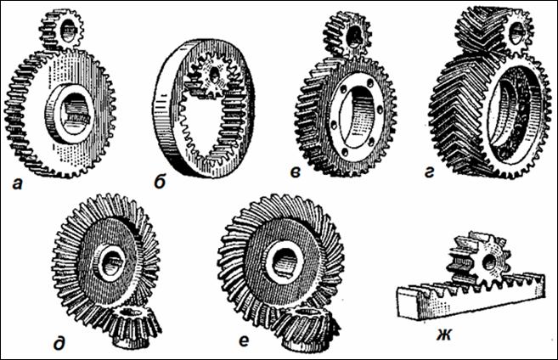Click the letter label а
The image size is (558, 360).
pyautogui.click(x=17, y=184)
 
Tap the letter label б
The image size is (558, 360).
pyautogui.click(x=160, y=183)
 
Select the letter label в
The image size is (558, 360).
pyautogui.click(x=295, y=172)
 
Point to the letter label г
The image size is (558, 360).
pyautogui.click(x=430, y=172)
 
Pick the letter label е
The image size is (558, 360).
pyautogui.click(x=244, y=341)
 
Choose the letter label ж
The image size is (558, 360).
pyautogui.click(x=445, y=335)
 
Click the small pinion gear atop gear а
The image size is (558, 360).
pyautogui.click(x=61, y=30)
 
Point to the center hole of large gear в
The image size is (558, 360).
pyautogui.click(x=356, y=116)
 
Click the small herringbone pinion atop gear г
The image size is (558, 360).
pyautogui.click(x=494, y=31)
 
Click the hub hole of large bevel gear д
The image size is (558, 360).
pyautogui.click(x=110, y=263)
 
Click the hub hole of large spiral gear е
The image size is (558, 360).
pyautogui.click(x=285, y=262)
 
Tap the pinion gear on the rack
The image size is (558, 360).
pyautogui.click(x=479, y=261)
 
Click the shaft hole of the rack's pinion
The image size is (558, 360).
pyautogui.click(x=489, y=262)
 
